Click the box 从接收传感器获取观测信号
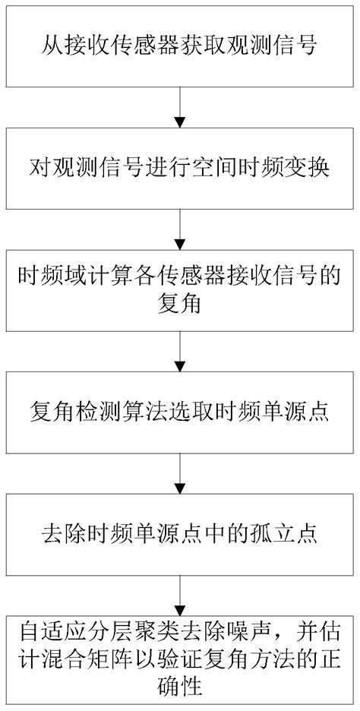pyautogui.click(x=180, y=46)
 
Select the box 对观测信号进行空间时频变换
pyautogui.click(x=180, y=166)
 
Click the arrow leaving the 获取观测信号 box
pyautogui.click(x=180, y=107)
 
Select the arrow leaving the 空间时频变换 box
pyautogui.click(x=180, y=226)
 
